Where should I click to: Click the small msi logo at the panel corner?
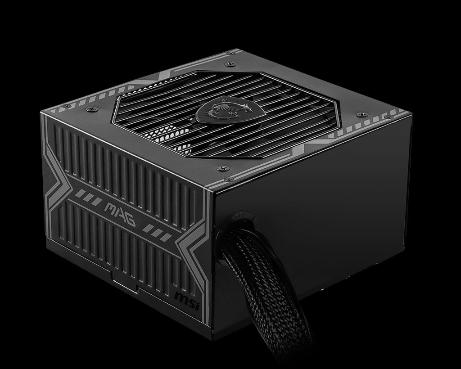pos(185,297)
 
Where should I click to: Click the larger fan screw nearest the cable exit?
pos(219,168)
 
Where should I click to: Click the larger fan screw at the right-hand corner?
pos(358,114)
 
